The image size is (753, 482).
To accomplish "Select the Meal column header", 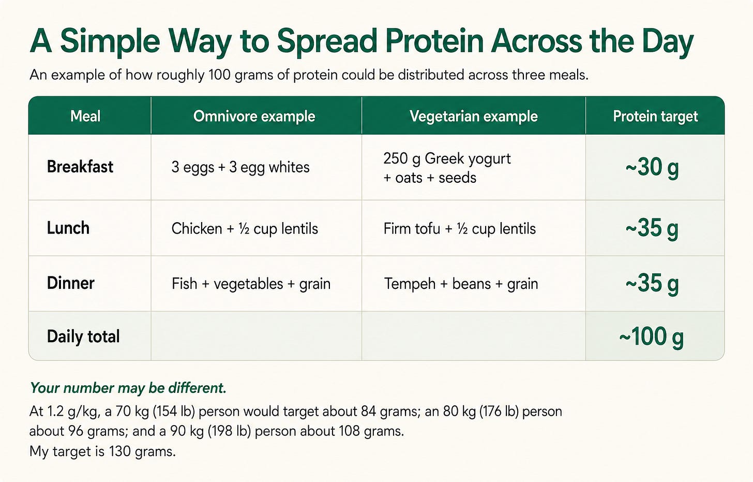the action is (85, 116).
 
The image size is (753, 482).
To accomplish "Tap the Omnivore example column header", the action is (254, 116).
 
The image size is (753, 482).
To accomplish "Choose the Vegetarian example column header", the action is (474, 116).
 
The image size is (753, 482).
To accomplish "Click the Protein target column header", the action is (655, 116).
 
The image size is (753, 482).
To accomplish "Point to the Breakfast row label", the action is (80, 167).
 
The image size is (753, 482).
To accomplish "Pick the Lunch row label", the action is (68, 228).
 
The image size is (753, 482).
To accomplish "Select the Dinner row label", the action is (70, 283).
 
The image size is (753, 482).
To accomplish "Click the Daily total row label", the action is (83, 336).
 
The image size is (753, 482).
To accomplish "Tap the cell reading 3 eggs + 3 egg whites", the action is (240, 167).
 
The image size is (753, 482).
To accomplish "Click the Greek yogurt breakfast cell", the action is (447, 168).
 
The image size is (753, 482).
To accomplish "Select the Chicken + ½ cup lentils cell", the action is (245, 229).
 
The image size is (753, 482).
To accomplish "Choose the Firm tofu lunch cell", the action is (460, 229).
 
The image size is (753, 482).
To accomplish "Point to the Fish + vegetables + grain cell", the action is (251, 284).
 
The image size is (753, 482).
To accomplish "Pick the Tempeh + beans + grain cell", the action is (461, 284).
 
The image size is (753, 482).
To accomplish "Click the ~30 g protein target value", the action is (652, 168).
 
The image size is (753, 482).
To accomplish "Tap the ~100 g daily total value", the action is (652, 337).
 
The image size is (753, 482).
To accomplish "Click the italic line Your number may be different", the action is (128, 388).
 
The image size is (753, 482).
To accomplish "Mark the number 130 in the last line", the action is (119, 451).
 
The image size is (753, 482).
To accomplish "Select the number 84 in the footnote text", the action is (368, 412).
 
